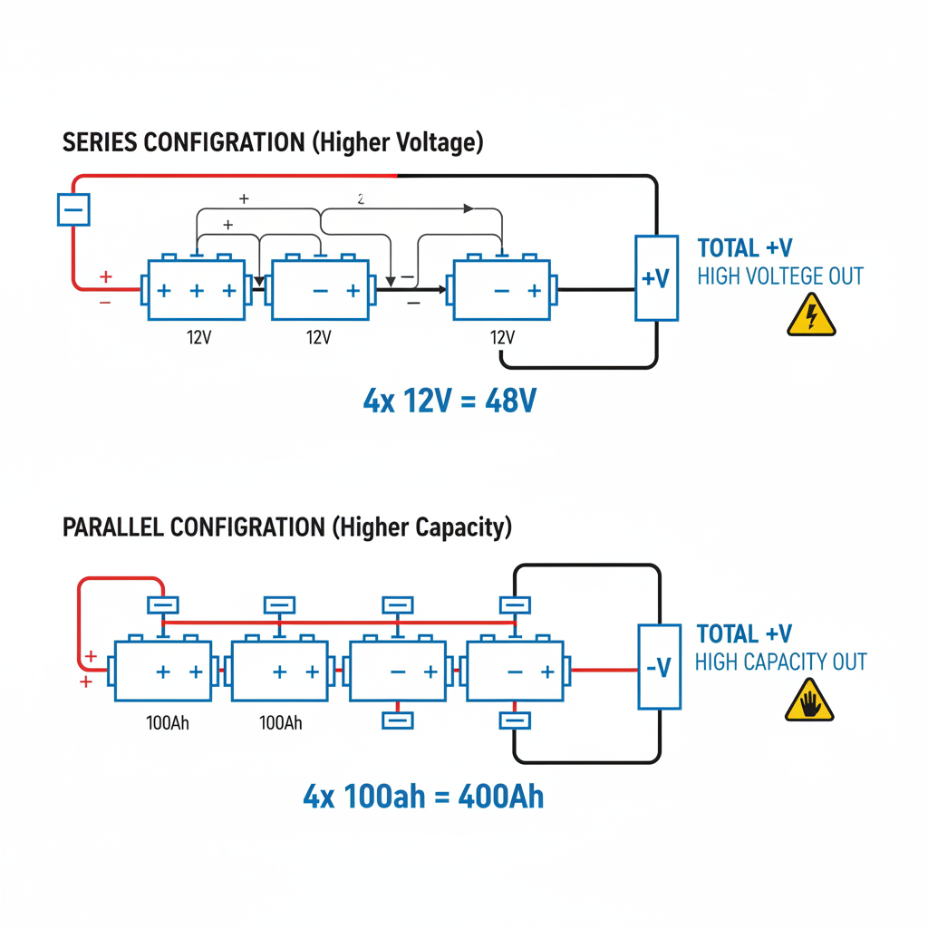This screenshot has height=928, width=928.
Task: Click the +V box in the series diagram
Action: click(x=656, y=277)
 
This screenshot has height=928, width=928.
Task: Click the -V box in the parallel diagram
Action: click(x=659, y=667)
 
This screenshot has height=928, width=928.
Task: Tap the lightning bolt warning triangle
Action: click(x=811, y=315)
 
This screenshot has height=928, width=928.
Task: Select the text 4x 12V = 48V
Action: click(x=449, y=400)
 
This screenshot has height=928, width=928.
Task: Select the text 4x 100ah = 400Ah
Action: click(x=423, y=796)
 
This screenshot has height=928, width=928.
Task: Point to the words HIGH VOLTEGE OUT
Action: click(x=779, y=276)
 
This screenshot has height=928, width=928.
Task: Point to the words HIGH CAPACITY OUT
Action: click(x=780, y=662)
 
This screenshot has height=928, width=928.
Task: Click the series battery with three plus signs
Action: click(x=196, y=290)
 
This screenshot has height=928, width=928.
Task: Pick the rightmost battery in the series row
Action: click(x=501, y=290)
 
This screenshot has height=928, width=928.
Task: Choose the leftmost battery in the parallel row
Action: click(x=164, y=672)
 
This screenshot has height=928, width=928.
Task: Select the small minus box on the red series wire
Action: click(x=72, y=211)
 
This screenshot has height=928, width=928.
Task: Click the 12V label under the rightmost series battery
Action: click(x=501, y=337)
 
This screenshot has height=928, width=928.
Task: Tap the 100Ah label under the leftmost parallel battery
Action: click(x=168, y=723)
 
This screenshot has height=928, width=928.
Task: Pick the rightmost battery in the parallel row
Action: click(x=517, y=672)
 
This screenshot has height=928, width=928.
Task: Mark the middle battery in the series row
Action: click(x=321, y=290)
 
